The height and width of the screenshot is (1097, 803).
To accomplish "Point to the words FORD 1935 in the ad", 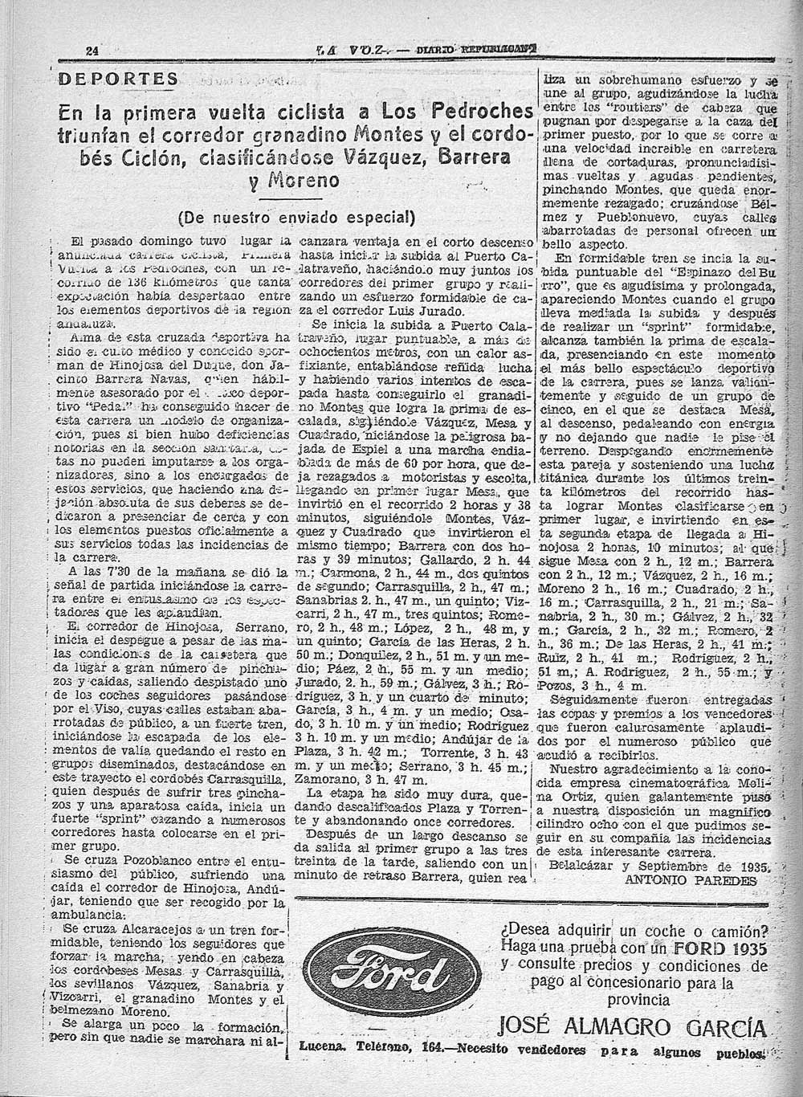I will [728, 948].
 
